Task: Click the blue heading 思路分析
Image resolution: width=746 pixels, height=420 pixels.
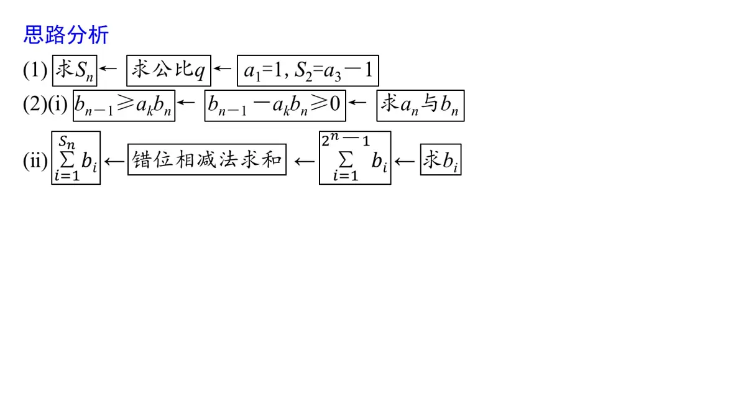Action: (x=66, y=35)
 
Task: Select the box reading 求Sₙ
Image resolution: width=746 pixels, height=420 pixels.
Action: (x=75, y=71)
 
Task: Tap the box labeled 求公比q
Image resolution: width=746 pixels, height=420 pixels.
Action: (x=169, y=71)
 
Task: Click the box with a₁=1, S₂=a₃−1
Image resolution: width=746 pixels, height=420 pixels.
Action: (x=308, y=71)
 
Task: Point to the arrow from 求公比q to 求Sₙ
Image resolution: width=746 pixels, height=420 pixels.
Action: (x=108, y=68)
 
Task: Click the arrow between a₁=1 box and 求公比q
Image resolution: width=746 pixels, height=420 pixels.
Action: (x=223, y=68)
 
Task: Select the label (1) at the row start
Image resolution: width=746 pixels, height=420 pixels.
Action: (x=35, y=71)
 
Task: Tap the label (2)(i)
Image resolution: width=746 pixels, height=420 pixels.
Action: (x=45, y=105)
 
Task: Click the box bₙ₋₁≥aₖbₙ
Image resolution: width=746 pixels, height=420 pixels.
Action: (x=124, y=106)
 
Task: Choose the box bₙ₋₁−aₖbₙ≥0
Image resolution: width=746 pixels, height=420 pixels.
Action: (x=275, y=106)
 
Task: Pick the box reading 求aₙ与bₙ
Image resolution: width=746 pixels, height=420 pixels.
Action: (x=420, y=106)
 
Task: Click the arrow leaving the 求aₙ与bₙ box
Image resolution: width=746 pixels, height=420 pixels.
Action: (x=357, y=102)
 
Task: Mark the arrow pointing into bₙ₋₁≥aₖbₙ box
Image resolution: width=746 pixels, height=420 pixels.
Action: (x=186, y=102)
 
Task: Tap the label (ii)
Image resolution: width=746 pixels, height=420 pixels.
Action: (x=35, y=161)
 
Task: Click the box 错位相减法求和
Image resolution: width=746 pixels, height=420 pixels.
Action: (x=207, y=160)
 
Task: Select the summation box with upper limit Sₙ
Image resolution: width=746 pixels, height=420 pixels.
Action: (x=76, y=157)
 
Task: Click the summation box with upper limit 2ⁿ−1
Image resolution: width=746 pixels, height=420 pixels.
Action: (x=355, y=157)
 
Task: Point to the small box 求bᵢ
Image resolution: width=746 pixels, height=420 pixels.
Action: (x=441, y=160)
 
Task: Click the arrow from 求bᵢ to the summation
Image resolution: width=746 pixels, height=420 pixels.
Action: (x=405, y=162)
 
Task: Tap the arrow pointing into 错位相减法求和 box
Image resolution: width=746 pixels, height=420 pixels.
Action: (x=305, y=162)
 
